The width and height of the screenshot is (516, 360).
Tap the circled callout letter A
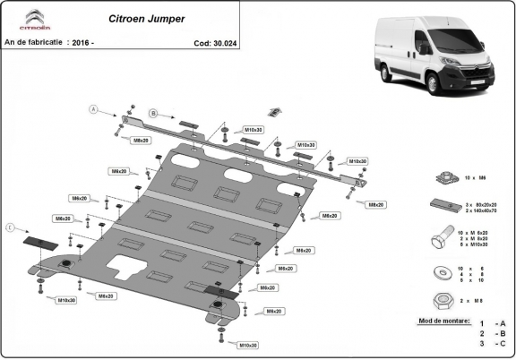pyautogui.click(x=92, y=109)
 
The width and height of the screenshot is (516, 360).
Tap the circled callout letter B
pyautogui.click(x=152, y=113)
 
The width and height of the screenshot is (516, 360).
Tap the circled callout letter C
pyautogui.click(x=11, y=228)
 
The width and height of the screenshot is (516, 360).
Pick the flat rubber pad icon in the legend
pyautogui.click(x=443, y=205)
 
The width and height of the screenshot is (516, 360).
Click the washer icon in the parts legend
pyautogui.click(x=443, y=270)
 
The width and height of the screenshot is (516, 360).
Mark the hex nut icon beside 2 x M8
pyautogui.click(x=443, y=298)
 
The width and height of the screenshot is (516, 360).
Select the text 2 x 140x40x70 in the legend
pyautogui.click(x=485, y=210)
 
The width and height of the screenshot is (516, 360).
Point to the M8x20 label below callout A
pyautogui.click(x=142, y=141)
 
